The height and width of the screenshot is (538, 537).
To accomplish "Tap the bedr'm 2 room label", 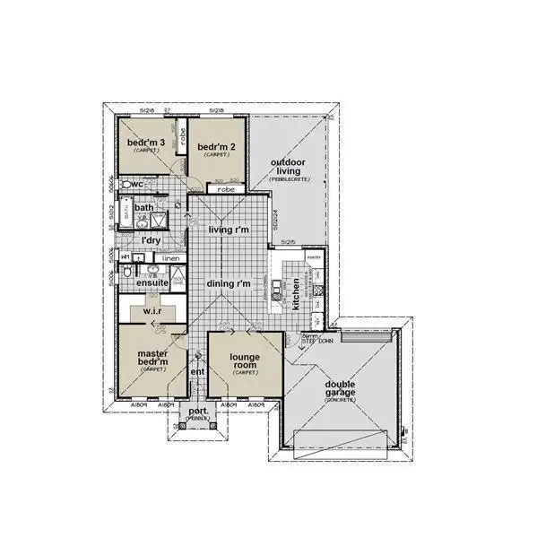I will (x=215, y=147).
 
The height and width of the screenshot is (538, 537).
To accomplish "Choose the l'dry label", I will (x=151, y=240).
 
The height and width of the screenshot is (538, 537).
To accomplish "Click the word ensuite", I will (x=152, y=283).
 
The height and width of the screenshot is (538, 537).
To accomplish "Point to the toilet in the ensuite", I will (x=127, y=272).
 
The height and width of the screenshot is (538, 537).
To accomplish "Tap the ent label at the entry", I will (x=198, y=371).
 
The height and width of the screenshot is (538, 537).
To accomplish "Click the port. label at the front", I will (x=197, y=412).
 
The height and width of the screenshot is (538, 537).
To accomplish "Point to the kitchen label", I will (x=296, y=294).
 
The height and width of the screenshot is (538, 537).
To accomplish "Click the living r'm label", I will (x=228, y=230).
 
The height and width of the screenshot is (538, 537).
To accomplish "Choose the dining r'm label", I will (x=228, y=283).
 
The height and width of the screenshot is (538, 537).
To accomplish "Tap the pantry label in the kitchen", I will (x=314, y=257).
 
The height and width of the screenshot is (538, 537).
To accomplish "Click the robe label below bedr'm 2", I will (x=226, y=190).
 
